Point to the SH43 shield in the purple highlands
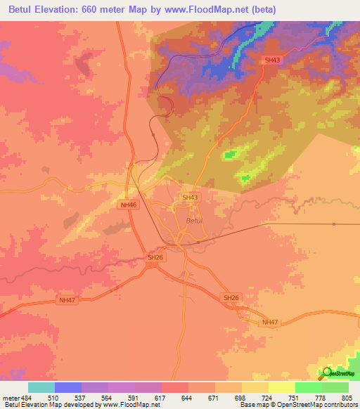click(x=272, y=60)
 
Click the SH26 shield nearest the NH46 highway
click(x=155, y=258)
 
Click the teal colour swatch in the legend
click(x=41, y=387)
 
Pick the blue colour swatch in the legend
click(x=68, y=387)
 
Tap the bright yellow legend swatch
click(x=281, y=387)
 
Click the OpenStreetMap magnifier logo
click(x=326, y=373)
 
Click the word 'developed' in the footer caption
click(x=73, y=405)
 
